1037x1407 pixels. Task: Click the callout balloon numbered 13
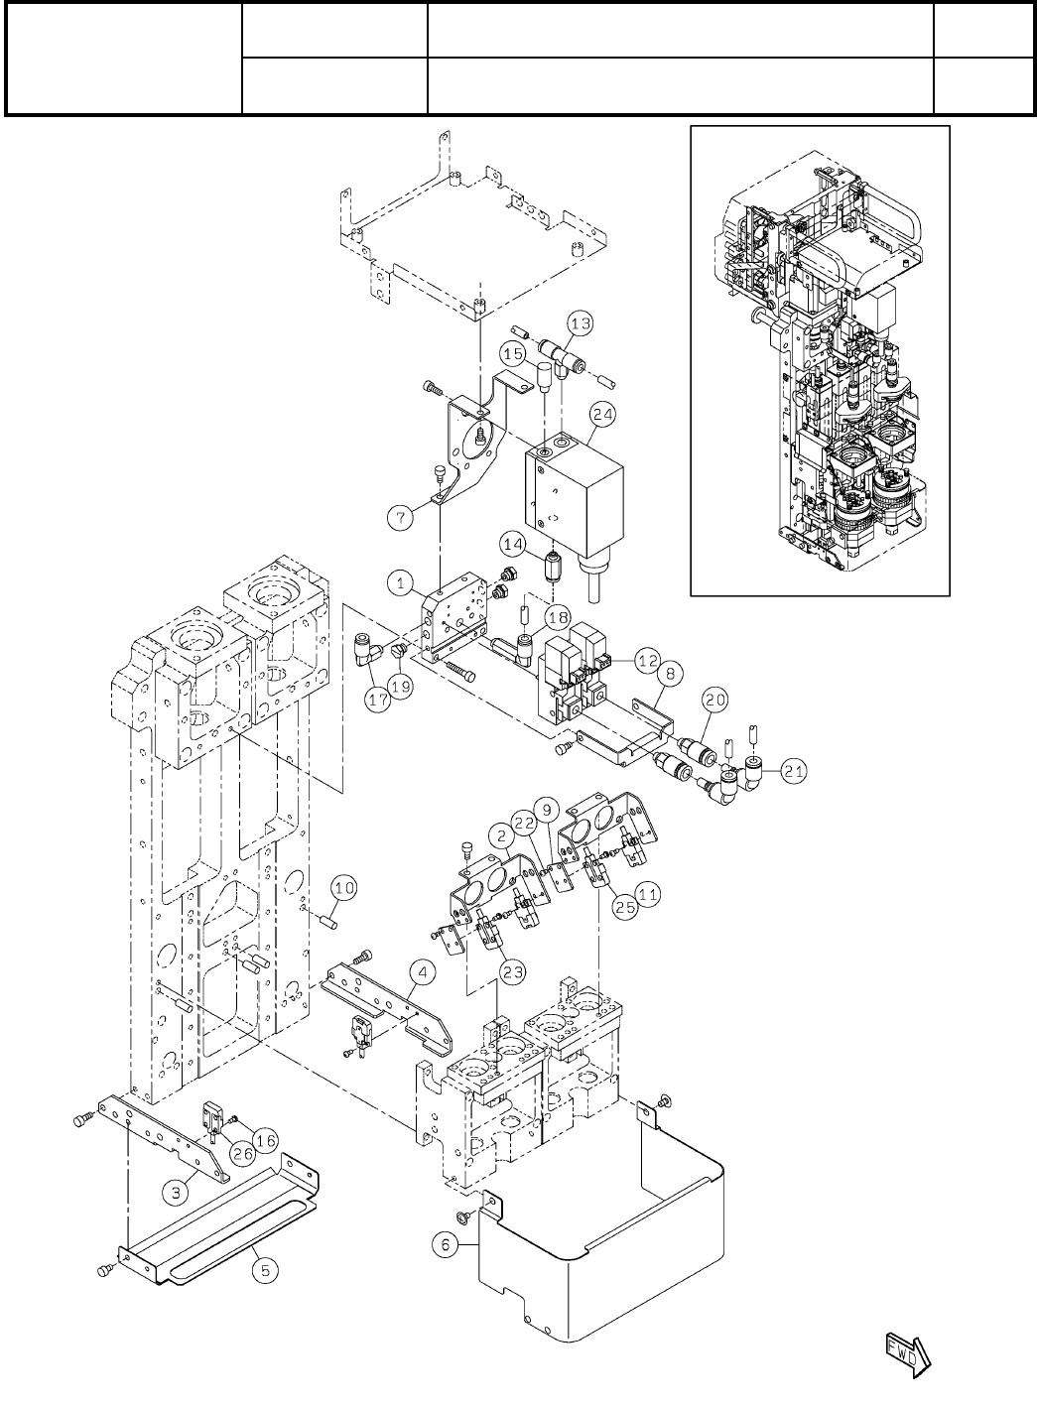[581, 322]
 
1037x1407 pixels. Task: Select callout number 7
[399, 515]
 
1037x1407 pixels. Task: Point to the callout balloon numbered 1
[401, 582]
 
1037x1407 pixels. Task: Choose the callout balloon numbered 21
[793, 768]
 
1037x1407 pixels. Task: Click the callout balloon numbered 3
[177, 1192]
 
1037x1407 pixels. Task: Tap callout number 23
[513, 971]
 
